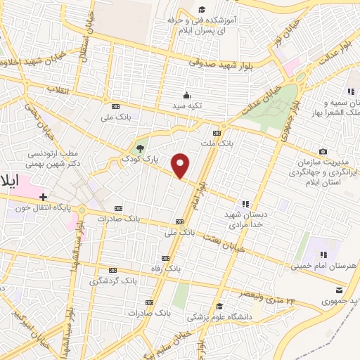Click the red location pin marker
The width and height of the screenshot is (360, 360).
coord(181,165)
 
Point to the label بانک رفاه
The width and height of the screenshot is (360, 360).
coord(186,268)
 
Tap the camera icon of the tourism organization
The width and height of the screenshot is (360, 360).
coord(323,151)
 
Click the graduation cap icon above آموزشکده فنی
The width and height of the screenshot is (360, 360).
coord(202,9)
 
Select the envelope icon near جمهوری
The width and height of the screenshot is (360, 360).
coord(340,289)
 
